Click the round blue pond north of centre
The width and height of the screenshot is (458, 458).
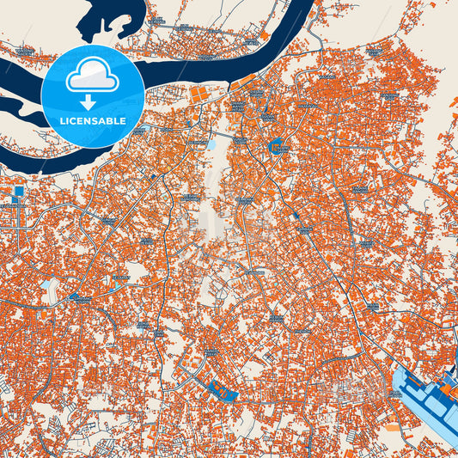(277, 147)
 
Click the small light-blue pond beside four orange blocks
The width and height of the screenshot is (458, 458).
(211, 144)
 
